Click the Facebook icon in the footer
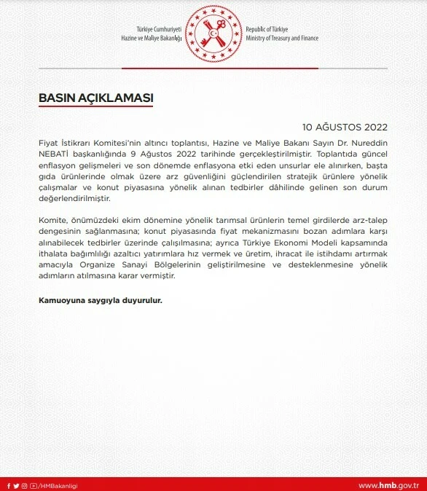tap(8, 485)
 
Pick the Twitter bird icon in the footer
tap(16, 485)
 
